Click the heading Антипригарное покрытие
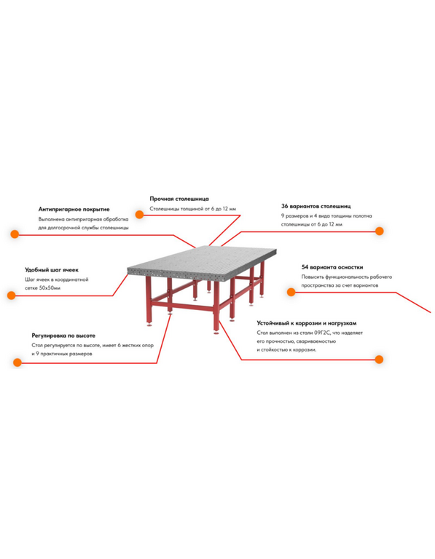coord(74,210)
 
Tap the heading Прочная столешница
coord(179,199)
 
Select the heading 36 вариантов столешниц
coord(316,206)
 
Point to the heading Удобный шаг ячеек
coord(52,270)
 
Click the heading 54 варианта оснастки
coord(332,267)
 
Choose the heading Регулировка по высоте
coord(63,336)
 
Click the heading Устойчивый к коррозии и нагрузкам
coord(307,323)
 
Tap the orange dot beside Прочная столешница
coord(139,215)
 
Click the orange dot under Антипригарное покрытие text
coord(15,234)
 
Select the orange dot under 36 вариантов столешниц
coord(380,231)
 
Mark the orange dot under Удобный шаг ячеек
coord(12,296)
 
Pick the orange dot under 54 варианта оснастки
coord(291,293)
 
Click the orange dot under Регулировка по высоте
coord(17,362)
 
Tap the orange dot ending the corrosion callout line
coord(380,360)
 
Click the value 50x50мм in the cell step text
coord(50,288)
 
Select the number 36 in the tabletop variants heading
coord(284,206)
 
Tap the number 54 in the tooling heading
coord(305,267)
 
